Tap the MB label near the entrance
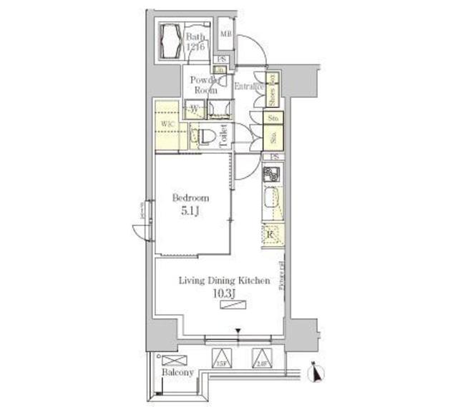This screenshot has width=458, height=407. click(225, 33)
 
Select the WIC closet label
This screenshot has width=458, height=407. click(167, 123)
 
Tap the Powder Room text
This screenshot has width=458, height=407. click(205, 85)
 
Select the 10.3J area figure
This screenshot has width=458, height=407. click(224, 293)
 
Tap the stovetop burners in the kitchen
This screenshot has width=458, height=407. click(271, 175)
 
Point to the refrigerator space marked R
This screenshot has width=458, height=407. click(272, 233)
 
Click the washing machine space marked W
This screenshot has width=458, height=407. click(195, 109)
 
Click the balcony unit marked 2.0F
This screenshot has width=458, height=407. click(265, 358)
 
